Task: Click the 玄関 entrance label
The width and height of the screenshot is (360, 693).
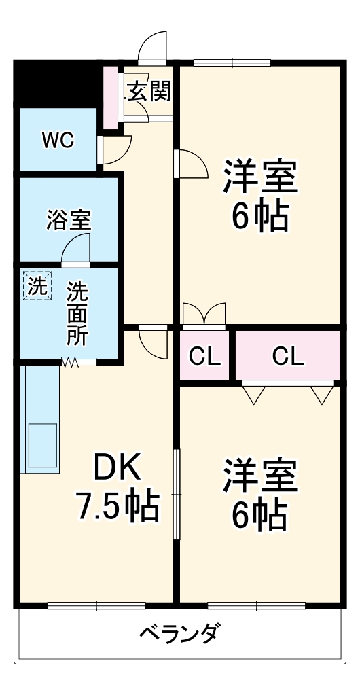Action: point(148,92)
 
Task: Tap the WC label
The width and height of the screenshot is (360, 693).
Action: point(58,141)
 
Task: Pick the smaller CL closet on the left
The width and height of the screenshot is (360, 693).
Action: point(205,355)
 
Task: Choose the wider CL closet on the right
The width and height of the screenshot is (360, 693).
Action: point(288,355)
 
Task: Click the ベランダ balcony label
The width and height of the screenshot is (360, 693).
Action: point(179,634)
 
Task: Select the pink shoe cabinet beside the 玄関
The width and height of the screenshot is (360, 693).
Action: point(110,96)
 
